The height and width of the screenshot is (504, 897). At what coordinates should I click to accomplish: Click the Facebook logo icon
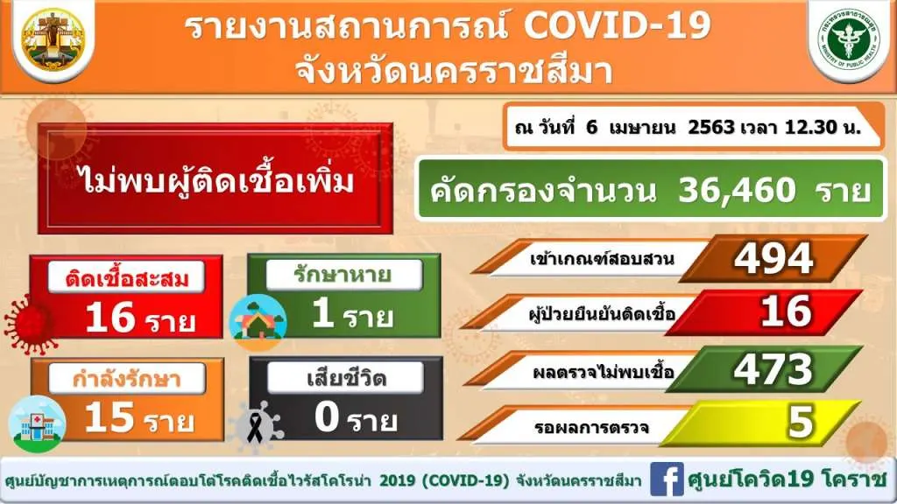[667, 479]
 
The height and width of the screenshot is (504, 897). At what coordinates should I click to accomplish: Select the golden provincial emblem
[53, 38]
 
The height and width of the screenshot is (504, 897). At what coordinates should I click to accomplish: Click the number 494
[773, 258]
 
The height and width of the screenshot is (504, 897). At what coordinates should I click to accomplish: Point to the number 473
[773, 369]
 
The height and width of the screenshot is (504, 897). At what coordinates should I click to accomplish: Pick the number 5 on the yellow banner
[801, 423]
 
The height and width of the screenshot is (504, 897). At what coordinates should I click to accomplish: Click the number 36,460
[737, 190]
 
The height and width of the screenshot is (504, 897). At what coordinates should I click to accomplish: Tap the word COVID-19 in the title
[618, 25]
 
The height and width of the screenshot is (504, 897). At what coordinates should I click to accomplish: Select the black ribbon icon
[255, 427]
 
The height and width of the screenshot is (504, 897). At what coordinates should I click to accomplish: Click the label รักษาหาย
[343, 276]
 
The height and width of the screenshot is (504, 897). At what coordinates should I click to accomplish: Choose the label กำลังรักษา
[126, 378]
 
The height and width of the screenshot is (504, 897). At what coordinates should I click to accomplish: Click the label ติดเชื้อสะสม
[126, 278]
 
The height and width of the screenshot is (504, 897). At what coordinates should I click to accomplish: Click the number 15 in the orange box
[109, 416]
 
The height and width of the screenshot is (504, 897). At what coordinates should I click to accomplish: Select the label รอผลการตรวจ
[591, 427]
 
